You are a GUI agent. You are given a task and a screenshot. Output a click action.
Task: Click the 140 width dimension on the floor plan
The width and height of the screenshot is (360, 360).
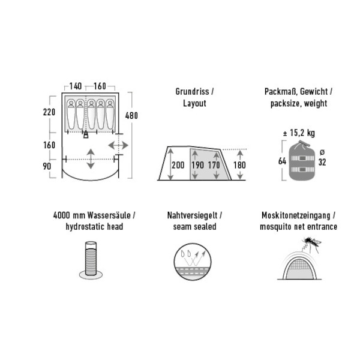tap(76, 86)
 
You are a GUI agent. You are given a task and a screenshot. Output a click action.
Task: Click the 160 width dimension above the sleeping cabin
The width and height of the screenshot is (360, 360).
tap(100, 86)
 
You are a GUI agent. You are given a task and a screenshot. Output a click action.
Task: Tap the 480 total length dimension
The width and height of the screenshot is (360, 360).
tap(131, 116)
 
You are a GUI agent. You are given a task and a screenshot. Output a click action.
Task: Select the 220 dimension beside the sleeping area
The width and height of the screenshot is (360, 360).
tap(49, 112)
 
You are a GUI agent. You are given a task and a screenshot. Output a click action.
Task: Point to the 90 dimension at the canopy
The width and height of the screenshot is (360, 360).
tap(47, 166)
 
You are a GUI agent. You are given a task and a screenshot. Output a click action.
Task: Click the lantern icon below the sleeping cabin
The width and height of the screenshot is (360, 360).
tap(86, 134)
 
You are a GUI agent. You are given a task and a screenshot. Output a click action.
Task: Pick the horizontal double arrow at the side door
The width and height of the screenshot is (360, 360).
tap(118, 145)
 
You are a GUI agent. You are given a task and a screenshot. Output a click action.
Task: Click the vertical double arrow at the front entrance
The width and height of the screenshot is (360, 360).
tap(91, 158)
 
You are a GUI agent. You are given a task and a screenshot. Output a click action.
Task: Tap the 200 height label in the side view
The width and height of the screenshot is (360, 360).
tap(178, 165)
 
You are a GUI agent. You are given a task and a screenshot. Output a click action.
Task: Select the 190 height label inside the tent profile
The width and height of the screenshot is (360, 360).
tap(197, 165)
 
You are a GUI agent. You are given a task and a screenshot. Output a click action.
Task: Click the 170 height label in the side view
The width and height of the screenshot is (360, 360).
tap(214, 165)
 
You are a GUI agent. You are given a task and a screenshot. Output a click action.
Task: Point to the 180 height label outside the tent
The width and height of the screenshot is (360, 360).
tap(239, 165)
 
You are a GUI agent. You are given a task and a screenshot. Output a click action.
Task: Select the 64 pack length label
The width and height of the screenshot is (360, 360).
tap(282, 161)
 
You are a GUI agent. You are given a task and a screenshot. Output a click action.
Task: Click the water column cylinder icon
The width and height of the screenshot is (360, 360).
tap(91, 260)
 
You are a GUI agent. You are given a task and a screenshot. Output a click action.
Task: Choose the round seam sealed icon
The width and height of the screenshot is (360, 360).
tap(193, 262)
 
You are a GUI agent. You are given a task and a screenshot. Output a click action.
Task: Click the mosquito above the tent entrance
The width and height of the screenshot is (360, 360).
tap(312, 244)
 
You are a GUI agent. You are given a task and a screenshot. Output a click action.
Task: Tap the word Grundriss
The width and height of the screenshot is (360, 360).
tap(192, 92)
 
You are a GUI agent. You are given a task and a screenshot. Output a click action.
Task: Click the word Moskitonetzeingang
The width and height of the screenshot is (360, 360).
tap(296, 215)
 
